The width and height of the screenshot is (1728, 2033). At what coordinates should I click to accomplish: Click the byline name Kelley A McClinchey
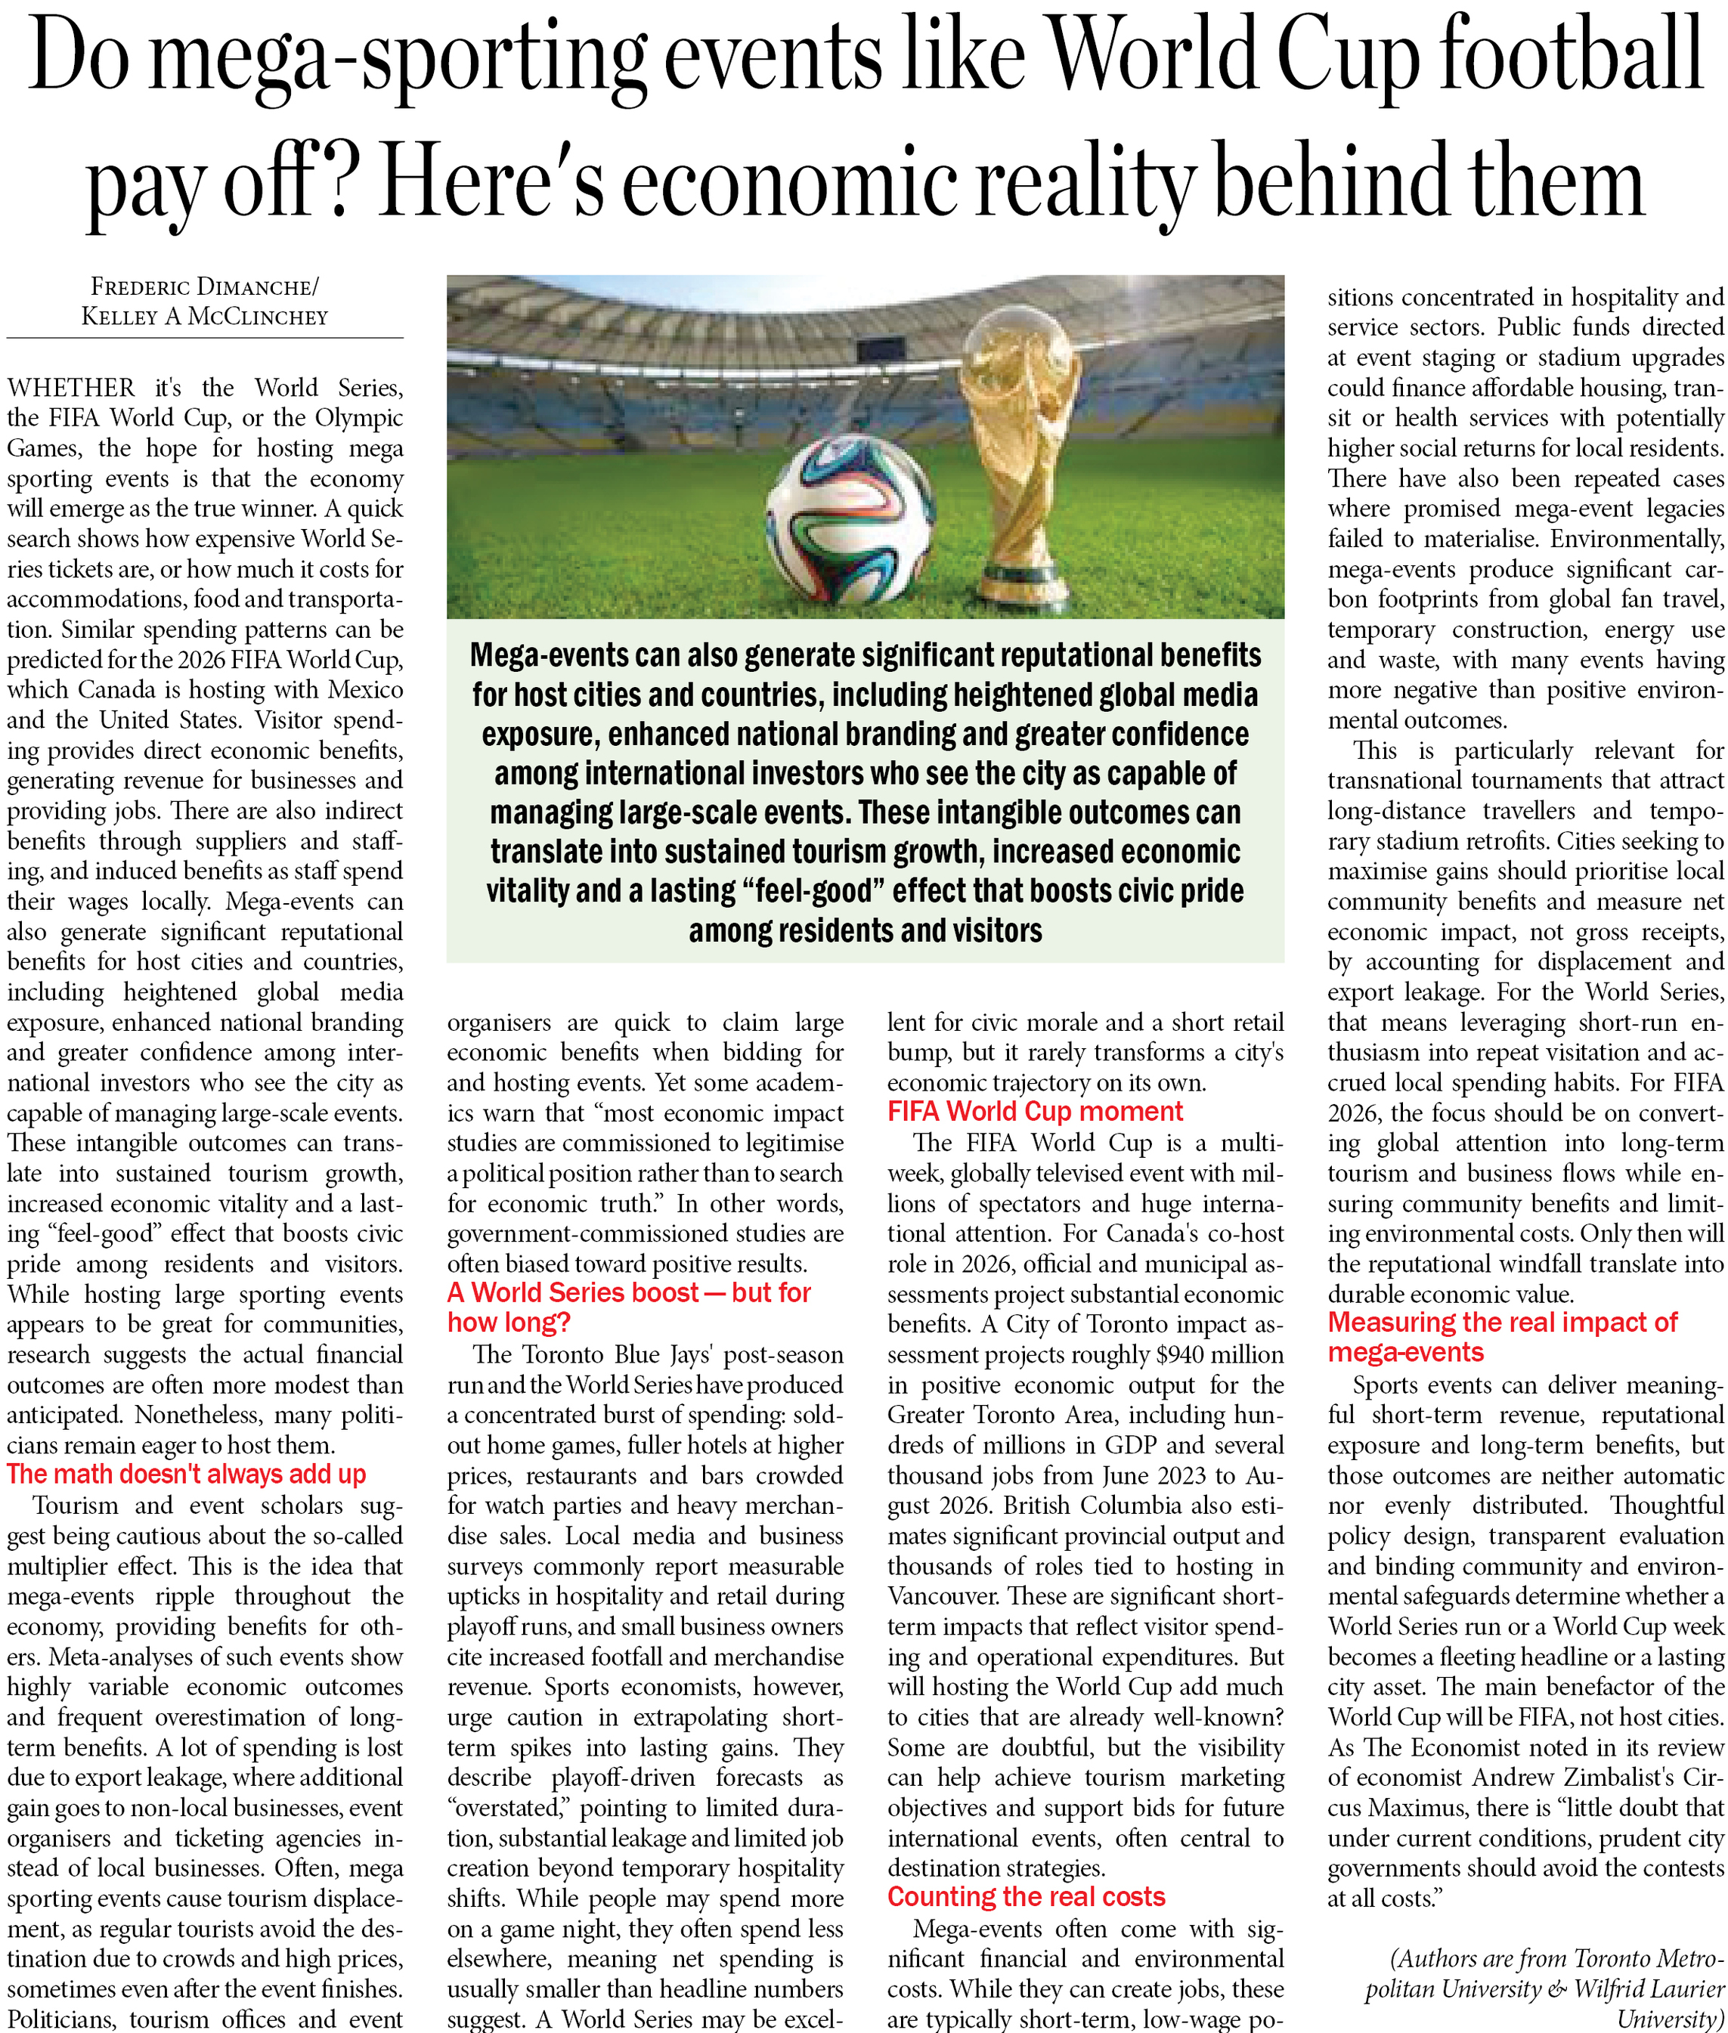point(205,317)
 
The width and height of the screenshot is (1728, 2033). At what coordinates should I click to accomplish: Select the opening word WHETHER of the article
point(72,388)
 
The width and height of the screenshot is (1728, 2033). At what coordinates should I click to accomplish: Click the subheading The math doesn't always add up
point(186,1474)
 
